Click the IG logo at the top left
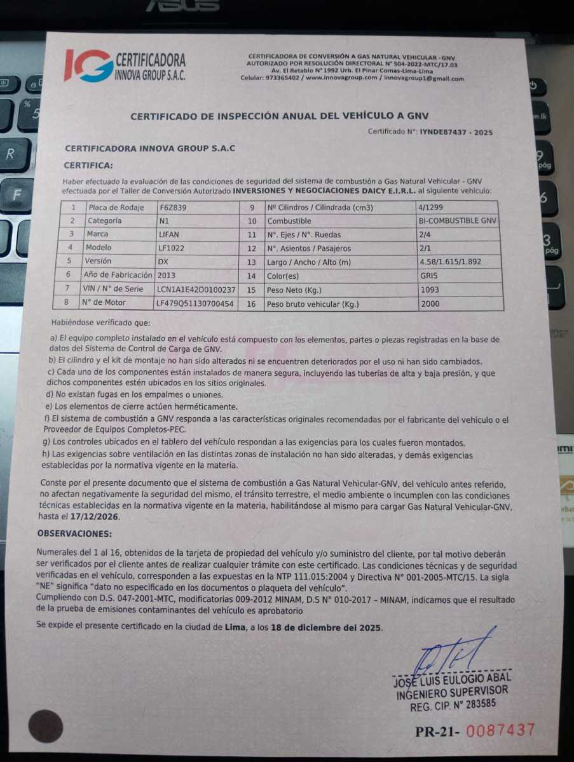click(88, 65)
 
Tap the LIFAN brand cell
click(168, 234)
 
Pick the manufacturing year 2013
click(167, 276)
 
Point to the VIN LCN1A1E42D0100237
click(196, 290)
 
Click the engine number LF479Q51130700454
click(195, 304)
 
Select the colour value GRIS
click(429, 276)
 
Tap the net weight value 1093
click(429, 290)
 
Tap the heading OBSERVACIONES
click(74, 534)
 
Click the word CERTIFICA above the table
click(88, 165)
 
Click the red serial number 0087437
click(500, 730)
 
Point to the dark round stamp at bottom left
click(46, 726)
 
